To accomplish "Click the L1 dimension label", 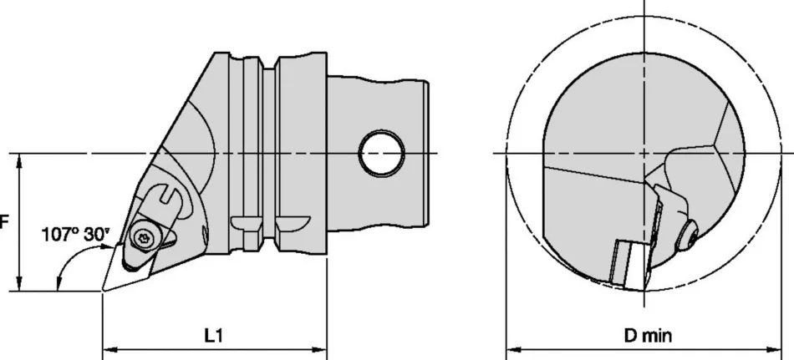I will [213, 335].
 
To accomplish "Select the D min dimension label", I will [647, 336].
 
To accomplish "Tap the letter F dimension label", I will [4, 223].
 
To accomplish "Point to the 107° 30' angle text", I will [75, 235].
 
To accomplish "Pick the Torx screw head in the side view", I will [143, 238].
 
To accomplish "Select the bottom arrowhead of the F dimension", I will [19, 286].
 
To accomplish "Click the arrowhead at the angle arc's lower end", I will [58, 285].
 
